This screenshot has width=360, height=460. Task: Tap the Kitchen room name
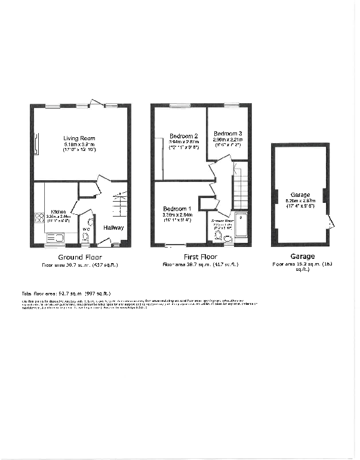pos(58,212)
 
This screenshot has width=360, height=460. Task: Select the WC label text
pos(85,228)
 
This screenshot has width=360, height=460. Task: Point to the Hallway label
pos(114,227)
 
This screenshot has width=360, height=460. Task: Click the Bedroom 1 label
pos(177,209)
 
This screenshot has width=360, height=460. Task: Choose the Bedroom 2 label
pos(183,135)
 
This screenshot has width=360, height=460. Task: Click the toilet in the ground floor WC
pos(85,237)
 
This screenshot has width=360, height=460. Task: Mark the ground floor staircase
pos(119,203)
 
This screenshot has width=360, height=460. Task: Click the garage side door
pos(332,223)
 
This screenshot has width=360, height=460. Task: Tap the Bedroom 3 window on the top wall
pos(231,106)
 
